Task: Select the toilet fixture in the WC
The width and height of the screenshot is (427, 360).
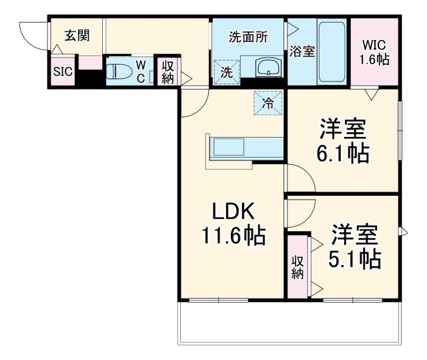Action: [x=120, y=72]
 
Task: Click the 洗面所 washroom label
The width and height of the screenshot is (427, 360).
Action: [x=248, y=37]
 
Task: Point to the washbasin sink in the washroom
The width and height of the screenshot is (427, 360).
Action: [x=268, y=68]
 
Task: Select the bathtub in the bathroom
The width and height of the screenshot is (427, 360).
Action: [x=330, y=53]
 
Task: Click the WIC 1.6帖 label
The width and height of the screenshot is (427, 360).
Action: [x=374, y=51]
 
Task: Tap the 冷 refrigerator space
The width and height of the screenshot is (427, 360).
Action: [x=267, y=104]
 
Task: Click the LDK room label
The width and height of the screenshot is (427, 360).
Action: [x=234, y=212]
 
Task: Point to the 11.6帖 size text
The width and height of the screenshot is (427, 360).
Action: [x=233, y=235]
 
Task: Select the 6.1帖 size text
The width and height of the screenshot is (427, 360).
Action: [x=344, y=153]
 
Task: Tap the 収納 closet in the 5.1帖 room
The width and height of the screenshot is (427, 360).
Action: [x=298, y=267]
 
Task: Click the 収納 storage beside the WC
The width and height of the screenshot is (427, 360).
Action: [x=167, y=72]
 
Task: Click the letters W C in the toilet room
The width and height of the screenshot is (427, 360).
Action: [x=141, y=71]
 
